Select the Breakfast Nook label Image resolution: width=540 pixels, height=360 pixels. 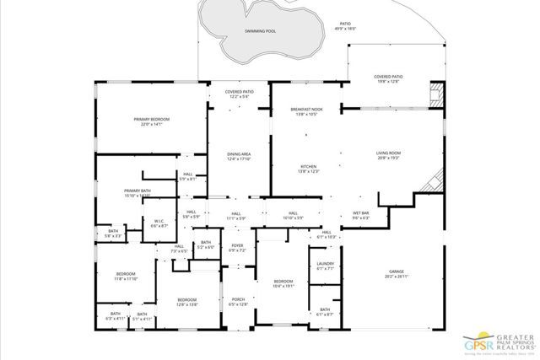click(308, 111)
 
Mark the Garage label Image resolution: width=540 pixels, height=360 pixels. click(397, 274)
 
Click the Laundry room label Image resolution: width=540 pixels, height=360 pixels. click(326, 266)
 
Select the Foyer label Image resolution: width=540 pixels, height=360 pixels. click(237, 248)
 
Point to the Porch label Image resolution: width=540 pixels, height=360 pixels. click(237, 302)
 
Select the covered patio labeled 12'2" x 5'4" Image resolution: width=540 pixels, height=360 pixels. click(239, 94)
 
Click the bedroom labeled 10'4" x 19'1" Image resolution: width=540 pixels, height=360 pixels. click(283, 283)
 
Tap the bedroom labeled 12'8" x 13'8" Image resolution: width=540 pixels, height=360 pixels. click(187, 302)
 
